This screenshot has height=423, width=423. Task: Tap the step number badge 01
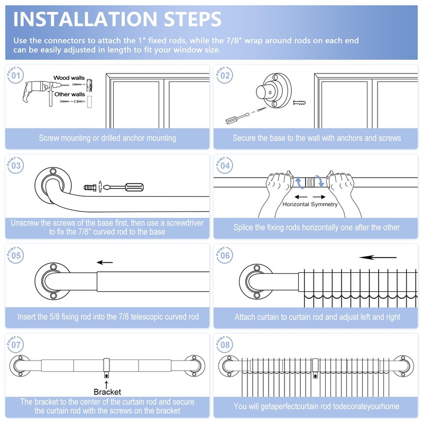click(x=16, y=76)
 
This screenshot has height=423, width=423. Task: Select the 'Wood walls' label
click(x=69, y=78)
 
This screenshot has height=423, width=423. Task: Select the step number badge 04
click(x=225, y=165)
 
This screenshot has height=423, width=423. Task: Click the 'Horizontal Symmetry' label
click(x=310, y=204)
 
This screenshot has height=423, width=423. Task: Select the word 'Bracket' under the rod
click(x=107, y=392)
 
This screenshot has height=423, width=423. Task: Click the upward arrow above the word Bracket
click(x=107, y=383)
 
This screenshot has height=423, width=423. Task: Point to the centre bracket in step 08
click(x=315, y=366)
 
